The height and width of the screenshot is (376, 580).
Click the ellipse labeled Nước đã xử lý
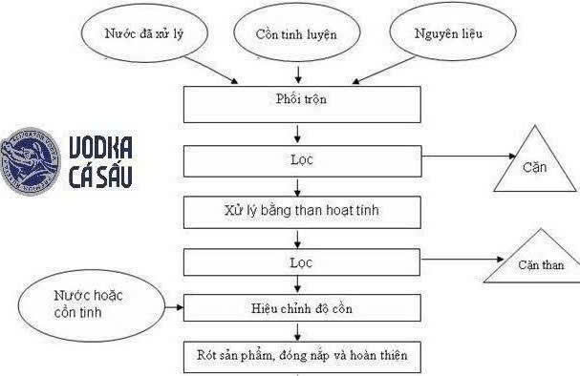coord(144,34)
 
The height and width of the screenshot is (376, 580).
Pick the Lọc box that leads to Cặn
coord(301,158)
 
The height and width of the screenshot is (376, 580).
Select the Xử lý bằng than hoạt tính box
coord(301,209)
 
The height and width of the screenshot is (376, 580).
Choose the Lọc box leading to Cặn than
coord(301,260)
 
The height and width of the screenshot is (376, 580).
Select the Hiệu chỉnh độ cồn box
coord(301,307)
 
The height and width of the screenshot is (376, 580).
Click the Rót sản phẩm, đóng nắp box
coord(301,357)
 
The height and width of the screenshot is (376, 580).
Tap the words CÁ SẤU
coord(99,178)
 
